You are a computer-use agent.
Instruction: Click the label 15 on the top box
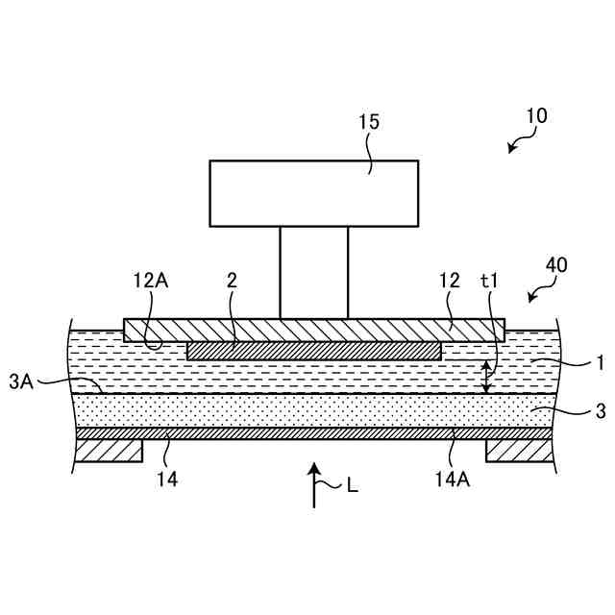369,122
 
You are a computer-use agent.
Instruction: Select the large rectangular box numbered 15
313,193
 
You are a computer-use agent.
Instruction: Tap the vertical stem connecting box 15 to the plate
313,272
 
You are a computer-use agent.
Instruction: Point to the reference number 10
536,116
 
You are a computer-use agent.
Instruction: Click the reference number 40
555,264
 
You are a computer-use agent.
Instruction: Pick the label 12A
152,281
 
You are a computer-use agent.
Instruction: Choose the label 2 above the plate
232,281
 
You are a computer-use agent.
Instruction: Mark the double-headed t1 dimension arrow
486,377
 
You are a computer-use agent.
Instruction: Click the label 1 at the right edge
600,363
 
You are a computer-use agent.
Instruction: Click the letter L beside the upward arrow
352,486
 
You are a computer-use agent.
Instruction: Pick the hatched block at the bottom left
108,451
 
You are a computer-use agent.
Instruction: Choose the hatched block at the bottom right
519,451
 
